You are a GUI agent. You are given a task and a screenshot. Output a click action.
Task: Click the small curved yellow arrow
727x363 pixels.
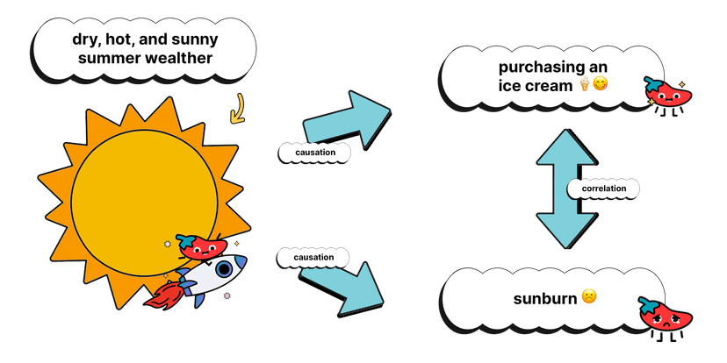[236, 111]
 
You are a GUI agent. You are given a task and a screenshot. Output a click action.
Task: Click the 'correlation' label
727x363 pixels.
[603, 188]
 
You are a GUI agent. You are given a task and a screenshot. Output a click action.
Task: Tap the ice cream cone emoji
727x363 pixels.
[584, 84]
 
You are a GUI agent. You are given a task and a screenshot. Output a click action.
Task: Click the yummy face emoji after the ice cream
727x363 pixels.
[601, 84]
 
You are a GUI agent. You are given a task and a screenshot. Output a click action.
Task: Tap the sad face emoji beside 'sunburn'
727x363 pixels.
[588, 298]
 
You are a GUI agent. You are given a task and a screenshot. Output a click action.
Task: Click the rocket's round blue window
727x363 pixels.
[224, 267]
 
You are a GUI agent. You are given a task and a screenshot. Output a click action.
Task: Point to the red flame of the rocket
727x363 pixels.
[164, 295]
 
